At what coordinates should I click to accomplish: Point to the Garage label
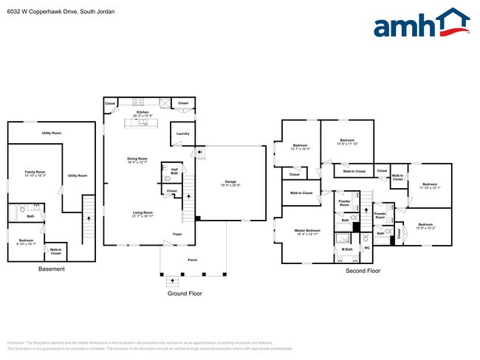point(230,181)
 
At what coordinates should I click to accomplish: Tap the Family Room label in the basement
point(35,172)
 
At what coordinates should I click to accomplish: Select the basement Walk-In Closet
point(55,251)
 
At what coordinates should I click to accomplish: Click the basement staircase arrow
point(89,218)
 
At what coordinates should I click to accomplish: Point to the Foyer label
point(177,234)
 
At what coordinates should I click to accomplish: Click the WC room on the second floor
point(367,248)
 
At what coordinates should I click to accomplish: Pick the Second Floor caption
point(363,271)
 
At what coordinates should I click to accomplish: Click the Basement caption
point(51,269)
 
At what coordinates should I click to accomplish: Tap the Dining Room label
point(138,159)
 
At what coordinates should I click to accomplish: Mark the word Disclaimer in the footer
point(16,343)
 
